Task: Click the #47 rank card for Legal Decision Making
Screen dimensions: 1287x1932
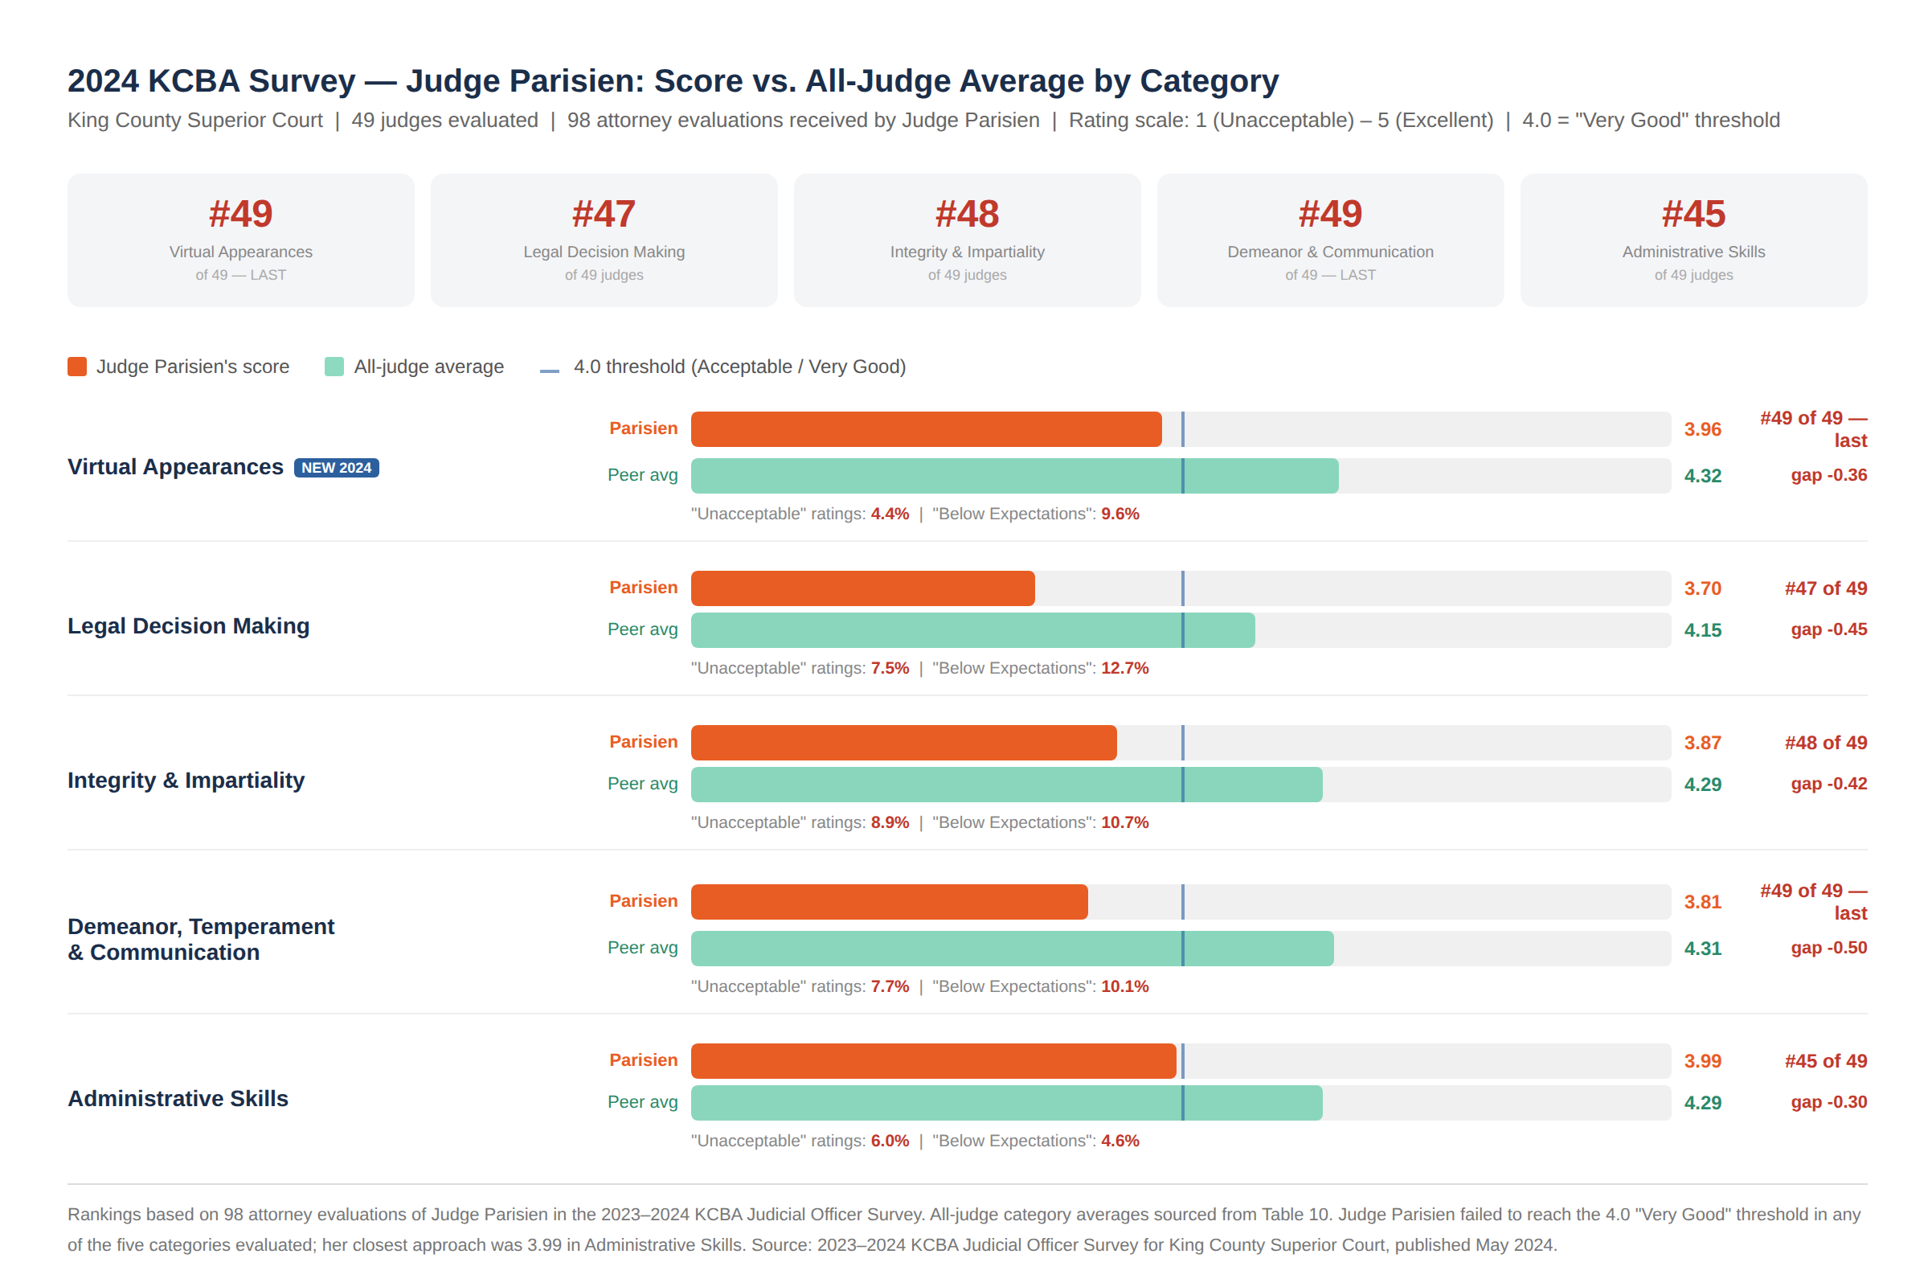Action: pos(604,240)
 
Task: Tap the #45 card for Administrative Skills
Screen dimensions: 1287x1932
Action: pos(1693,240)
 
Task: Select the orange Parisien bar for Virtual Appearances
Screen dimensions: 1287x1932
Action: pos(925,429)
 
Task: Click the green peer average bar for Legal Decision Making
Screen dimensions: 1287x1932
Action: pos(972,630)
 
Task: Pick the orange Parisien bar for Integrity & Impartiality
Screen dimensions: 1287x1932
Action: pos(903,743)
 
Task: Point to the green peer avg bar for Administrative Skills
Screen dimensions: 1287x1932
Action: pos(1006,1102)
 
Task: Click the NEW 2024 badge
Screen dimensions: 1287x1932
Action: pos(337,468)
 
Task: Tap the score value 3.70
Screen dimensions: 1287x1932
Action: pos(1702,588)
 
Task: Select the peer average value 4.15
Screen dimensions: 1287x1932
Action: pos(1702,630)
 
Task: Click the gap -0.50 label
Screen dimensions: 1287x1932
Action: pos(1828,948)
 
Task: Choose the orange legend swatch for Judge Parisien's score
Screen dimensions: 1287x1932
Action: pos(77,367)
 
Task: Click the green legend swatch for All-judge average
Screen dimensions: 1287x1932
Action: pos(334,367)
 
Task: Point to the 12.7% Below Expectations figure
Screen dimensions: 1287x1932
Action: pos(1124,668)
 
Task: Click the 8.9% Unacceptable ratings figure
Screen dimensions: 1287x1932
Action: pos(890,822)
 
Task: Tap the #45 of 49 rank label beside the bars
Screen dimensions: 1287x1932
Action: pos(1825,1061)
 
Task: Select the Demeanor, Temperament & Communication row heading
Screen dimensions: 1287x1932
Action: pos(200,939)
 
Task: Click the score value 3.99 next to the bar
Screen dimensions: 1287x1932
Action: pos(1702,1061)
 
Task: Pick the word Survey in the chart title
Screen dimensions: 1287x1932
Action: pos(302,81)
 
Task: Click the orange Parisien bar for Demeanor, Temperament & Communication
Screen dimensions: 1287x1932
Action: pos(889,902)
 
